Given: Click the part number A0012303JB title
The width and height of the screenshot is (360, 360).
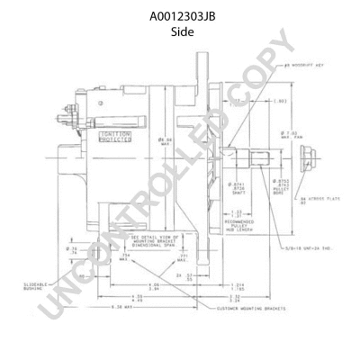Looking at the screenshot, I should (x=181, y=16).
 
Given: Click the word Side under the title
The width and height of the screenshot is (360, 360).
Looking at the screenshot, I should (x=181, y=31).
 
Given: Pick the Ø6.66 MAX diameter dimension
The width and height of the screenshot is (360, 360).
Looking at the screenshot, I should (x=166, y=141).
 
